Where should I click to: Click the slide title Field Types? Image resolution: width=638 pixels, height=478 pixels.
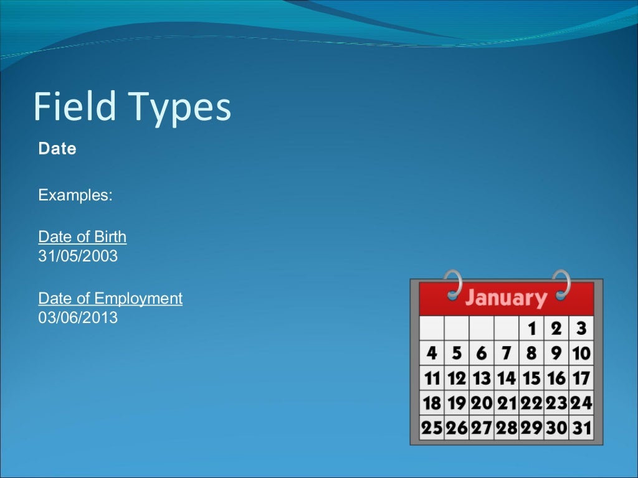click(132, 107)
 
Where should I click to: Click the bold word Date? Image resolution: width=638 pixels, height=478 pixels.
click(57, 149)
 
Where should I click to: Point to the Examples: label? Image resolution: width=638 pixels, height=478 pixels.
click(75, 195)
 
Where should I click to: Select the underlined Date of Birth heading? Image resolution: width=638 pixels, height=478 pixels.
click(82, 237)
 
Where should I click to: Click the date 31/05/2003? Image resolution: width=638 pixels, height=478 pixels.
click(78, 256)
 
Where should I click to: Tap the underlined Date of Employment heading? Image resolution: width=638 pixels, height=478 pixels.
click(110, 299)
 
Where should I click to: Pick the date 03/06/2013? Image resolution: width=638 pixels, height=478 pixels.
click(78, 318)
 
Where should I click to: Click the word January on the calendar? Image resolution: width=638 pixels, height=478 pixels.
click(506, 298)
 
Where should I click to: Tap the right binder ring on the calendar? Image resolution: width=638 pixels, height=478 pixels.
click(561, 284)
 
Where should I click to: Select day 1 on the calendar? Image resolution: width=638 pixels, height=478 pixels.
click(531, 328)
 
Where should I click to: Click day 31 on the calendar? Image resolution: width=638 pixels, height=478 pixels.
click(581, 428)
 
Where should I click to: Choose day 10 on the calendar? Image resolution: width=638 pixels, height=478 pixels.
click(581, 354)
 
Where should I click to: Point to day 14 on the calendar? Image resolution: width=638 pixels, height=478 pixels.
click(506, 378)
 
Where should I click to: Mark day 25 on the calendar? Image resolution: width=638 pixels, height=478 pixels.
click(432, 428)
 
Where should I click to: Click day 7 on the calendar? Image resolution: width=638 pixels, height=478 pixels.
click(506, 354)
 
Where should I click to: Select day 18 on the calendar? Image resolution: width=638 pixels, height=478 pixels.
click(432, 403)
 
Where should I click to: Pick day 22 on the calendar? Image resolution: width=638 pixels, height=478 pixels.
click(531, 403)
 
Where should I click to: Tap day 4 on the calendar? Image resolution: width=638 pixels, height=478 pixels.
click(432, 354)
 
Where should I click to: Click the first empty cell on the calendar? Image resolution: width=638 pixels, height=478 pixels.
click(432, 328)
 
